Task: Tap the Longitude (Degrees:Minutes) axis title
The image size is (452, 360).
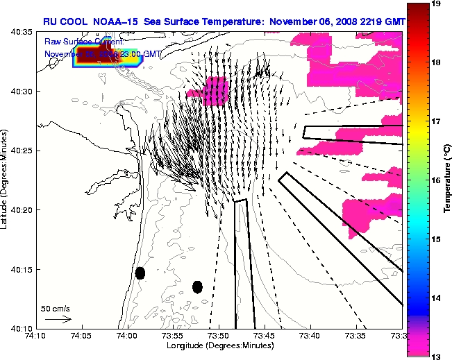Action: tap(219, 345)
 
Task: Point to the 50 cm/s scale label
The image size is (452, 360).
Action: tap(56, 308)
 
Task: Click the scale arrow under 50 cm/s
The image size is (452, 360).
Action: tap(58, 319)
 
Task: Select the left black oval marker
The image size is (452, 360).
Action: tap(140, 273)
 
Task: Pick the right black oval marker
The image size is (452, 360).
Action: tap(197, 286)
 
